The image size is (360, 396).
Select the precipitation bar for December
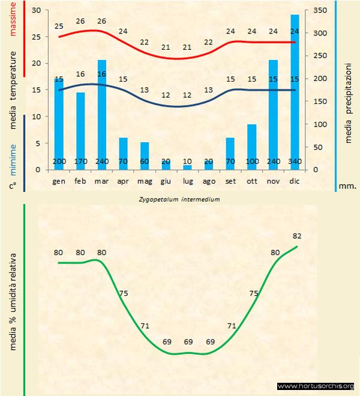tap(295, 90)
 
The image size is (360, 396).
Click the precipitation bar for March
tap(102, 114)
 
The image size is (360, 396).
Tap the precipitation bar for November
tap(273, 114)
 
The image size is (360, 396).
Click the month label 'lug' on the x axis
tap(188, 181)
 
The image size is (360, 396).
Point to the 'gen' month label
tap(59, 181)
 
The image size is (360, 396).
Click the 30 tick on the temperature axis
tap(36, 11)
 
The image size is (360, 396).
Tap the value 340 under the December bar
tap(295, 163)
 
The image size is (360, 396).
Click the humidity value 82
tap(296, 236)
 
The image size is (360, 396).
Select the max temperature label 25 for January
tap(59, 26)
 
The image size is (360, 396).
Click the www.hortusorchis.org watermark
tap(316, 386)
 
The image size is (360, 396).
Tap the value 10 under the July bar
tap(188, 163)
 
